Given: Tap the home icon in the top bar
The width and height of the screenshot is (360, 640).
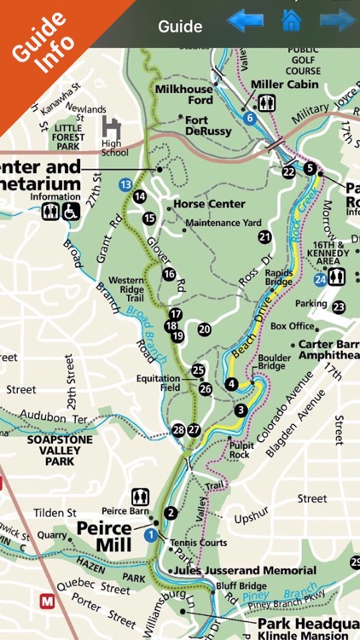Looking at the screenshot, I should coord(292,20).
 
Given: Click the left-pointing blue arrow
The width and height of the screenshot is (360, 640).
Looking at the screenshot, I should coord(245,20).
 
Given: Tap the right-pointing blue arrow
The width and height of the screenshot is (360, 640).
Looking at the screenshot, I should coord(338,20).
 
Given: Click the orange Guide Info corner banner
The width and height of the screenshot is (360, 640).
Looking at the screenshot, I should coord(38,38).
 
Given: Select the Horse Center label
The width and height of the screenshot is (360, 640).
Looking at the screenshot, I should coord(209,205).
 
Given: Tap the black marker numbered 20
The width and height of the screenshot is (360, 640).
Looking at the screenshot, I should coord(204,329).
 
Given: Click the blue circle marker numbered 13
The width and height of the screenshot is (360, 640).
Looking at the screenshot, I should coord(125,184).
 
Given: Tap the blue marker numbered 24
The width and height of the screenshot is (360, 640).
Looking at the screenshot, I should coord(320,277).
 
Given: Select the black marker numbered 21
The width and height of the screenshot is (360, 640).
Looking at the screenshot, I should coord(264,236).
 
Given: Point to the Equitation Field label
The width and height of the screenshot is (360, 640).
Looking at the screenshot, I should coord(157,383).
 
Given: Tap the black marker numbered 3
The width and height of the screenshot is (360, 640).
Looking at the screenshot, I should coord(241,410).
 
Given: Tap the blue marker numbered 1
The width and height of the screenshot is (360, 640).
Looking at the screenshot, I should coord(151,535).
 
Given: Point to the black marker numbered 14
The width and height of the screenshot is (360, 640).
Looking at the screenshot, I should coord(139,196).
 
